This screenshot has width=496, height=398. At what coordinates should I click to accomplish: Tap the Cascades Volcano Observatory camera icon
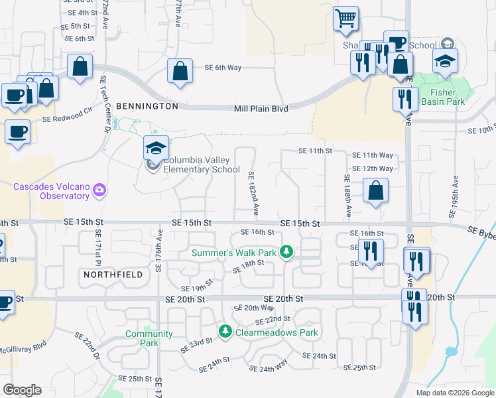[99, 190]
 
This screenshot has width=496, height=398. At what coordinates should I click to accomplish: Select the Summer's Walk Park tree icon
[286, 252]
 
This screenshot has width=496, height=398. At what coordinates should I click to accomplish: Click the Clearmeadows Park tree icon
[225, 330]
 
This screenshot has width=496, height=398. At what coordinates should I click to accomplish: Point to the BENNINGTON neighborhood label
[147, 106]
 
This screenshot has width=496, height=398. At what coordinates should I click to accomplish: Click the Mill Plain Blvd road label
[261, 108]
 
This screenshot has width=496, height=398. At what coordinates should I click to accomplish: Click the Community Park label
[149, 338]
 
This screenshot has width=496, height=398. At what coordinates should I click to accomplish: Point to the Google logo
[22, 390]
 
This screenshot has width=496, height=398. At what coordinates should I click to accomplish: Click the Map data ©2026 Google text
[454, 393]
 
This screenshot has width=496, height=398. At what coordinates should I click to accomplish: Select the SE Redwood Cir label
[68, 116]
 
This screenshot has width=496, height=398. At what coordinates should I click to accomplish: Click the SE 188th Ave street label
[347, 196]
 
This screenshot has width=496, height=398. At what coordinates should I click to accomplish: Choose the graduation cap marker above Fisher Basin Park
[444, 62]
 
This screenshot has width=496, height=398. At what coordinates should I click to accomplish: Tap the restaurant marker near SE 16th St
[371, 251]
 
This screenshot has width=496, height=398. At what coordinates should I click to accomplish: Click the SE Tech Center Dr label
[105, 103]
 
